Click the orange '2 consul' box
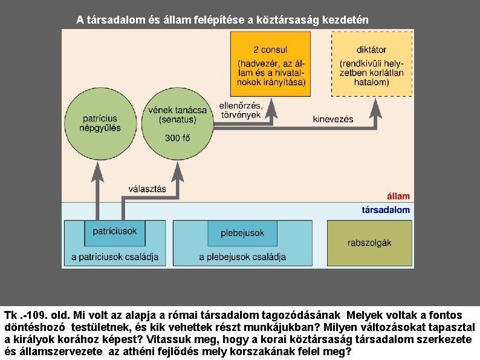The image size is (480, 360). [x=270, y=64]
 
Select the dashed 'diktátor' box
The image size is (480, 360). [x=372, y=64]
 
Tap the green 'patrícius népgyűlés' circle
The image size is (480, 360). [x=100, y=123]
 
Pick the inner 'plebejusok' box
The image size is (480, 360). [x=242, y=233]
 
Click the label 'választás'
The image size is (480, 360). [x=147, y=189]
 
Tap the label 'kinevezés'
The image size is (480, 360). [x=333, y=119]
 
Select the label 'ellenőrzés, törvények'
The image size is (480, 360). [x=241, y=110]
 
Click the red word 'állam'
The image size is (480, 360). [x=398, y=196]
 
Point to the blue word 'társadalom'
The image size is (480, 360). [x=385, y=210]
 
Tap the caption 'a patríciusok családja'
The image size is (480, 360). [x=115, y=257]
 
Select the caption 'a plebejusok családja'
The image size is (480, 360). [x=242, y=257]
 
